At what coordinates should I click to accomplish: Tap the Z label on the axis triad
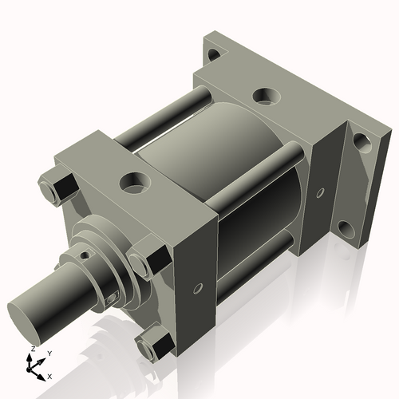[31, 350]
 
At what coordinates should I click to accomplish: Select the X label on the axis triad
[49, 375]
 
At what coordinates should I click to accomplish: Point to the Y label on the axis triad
[49, 352]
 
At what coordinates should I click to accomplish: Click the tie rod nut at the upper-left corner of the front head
[53, 191]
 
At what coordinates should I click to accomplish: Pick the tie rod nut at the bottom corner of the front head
[153, 346]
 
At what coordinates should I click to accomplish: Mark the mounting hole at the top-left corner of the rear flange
[213, 55]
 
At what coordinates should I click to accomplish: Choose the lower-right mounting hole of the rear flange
[347, 231]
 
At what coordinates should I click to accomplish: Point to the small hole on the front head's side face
[196, 290]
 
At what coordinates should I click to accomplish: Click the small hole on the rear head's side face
[320, 193]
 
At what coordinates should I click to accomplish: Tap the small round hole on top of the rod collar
[85, 255]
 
